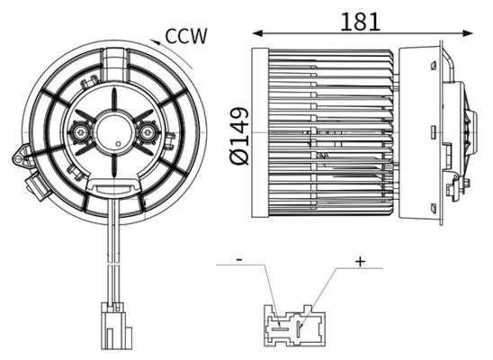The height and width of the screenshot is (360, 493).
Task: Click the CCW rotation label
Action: click(x=187, y=36)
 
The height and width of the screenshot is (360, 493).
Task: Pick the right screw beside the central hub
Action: click(x=148, y=134)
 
